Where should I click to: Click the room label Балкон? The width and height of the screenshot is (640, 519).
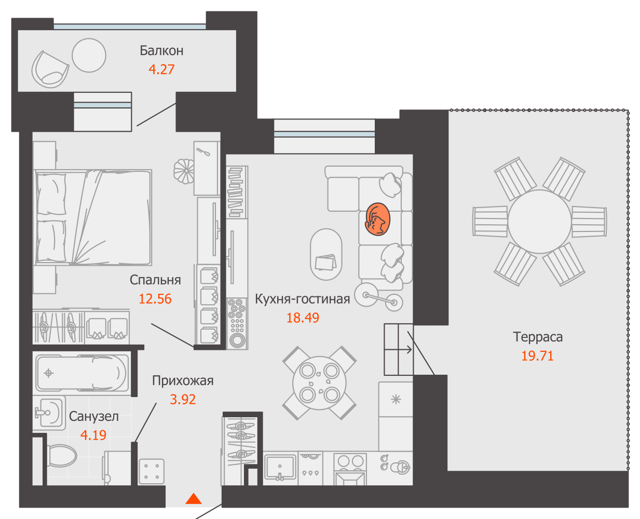coord(161,51)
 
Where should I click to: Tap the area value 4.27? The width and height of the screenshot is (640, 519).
coord(161,70)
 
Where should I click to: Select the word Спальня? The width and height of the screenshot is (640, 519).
coord(155,280)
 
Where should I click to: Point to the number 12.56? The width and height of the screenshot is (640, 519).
coord(155,299)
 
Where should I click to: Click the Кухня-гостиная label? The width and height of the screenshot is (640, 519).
coord(302,299)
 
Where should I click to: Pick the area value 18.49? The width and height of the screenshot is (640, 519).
coord(302,318)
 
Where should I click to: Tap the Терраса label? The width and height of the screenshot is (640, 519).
coord(538,337)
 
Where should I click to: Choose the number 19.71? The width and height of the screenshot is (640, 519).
coord(537,356)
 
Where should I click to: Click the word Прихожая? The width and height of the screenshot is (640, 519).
coord(183,381)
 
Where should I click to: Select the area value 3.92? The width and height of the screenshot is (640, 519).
coord(183,400)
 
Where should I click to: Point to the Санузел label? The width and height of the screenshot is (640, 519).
coord(94,417)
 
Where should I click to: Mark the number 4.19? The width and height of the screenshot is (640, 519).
coord(93,435)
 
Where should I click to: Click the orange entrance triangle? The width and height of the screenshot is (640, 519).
coord(194,499)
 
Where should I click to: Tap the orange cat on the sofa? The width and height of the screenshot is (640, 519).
coord(377,219)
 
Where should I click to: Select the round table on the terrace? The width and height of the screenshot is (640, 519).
coord(539,222)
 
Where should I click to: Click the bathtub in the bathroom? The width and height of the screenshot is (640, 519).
coord(81,373)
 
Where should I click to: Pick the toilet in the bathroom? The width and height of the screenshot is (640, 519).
coord(62,456)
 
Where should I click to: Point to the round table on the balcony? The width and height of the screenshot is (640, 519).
coord(89,55)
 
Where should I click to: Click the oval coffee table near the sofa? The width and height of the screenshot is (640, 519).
coord(326,254)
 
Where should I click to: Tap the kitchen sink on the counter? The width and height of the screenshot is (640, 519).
coord(280,467)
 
